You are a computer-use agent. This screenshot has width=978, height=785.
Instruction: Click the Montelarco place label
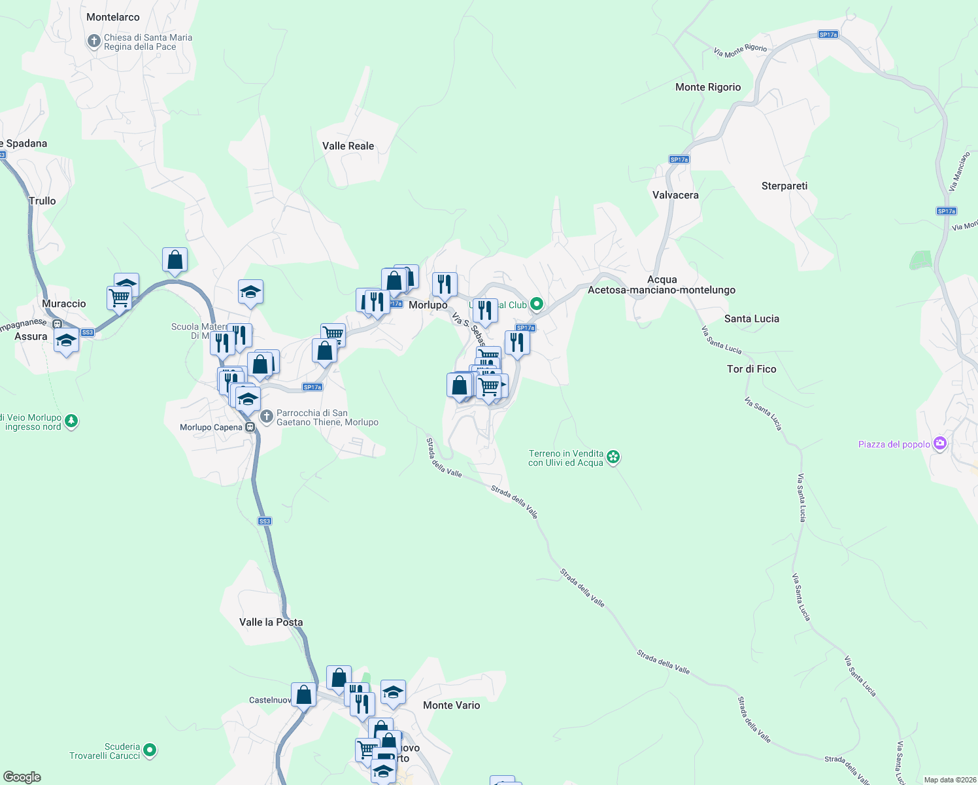113,17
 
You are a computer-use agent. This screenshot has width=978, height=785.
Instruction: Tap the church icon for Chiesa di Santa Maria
94,42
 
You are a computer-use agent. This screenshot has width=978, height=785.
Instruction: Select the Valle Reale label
348,146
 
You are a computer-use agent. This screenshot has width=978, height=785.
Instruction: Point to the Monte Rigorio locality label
708,87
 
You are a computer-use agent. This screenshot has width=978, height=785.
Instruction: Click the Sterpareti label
784,186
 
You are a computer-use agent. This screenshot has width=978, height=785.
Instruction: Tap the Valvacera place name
675,195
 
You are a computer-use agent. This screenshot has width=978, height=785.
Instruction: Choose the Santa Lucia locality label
751,319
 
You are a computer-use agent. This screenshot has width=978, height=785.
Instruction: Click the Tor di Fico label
751,369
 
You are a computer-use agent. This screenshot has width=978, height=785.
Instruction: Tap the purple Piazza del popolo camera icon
940,444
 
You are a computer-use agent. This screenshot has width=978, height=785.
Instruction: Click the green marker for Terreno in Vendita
613,457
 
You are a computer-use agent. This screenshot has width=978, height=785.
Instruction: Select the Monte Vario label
451,705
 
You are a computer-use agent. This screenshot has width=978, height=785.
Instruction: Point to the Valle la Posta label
271,622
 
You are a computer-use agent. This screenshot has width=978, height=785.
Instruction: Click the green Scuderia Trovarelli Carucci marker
150,750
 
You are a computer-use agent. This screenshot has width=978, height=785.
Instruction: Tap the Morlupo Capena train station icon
250,427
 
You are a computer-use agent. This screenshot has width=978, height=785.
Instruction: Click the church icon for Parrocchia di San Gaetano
267,417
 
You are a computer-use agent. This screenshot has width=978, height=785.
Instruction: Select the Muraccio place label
64,304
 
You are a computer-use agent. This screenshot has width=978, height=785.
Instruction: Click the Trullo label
42,201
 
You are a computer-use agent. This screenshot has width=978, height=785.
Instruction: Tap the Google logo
22,777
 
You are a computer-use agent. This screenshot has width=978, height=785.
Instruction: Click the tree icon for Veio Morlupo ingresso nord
71,421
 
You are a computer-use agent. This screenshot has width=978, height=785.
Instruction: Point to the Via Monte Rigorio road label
740,50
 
